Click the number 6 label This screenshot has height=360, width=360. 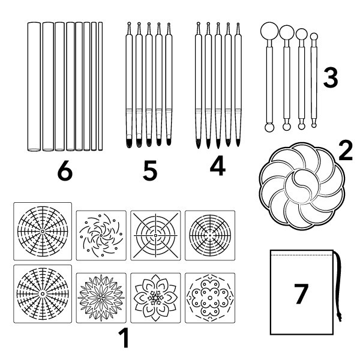point(65,172)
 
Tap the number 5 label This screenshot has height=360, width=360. point(151,171)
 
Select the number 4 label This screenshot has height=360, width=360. point(218,166)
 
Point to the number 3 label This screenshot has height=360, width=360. point(331,78)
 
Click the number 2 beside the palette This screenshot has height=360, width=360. point(346,151)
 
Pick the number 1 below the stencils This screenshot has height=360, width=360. point(124,338)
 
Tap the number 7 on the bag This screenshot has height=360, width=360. point(301,294)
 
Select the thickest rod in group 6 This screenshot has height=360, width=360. point(34,86)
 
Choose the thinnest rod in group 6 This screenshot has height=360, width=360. point(100,86)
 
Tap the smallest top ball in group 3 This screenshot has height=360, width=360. point(314,37)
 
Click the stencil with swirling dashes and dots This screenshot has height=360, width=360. point(101,235)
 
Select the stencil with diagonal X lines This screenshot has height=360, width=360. point(155,235)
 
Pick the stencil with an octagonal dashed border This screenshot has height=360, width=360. point(210,298)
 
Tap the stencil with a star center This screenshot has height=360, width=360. point(155,298)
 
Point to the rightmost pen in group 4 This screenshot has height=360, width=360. point(238,85)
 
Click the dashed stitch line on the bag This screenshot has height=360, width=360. point(302,255)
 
